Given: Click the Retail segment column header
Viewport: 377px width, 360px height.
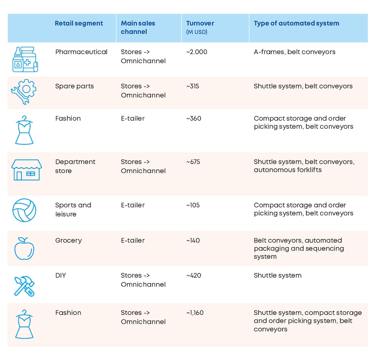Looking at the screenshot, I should coord(79,24).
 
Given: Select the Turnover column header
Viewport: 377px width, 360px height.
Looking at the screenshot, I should coord(200,24).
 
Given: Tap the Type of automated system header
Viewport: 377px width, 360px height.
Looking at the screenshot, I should coord(296,24).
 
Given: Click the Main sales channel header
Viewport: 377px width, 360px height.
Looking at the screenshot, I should coord(138,28).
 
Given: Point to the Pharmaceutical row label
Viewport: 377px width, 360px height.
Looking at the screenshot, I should coord(81,52).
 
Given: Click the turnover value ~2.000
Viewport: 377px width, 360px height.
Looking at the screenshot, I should coord(197,52).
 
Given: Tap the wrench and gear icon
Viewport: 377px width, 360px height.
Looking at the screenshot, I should coord(24,92).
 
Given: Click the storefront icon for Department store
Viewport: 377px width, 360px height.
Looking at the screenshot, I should coord(26,170).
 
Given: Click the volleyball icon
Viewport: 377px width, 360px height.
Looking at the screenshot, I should coord(24,210).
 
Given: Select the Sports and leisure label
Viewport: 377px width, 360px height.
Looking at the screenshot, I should coord(73,209).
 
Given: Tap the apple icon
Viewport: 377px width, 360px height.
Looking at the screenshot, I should coord(24,248).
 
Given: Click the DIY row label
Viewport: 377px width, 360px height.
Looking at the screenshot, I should coord(60,275).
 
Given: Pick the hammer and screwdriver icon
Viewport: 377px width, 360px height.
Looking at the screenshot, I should coord(24,286).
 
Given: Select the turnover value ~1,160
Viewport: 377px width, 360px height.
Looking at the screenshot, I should coord(195,313).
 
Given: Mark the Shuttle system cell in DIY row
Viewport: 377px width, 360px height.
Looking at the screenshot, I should coord(277,275).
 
